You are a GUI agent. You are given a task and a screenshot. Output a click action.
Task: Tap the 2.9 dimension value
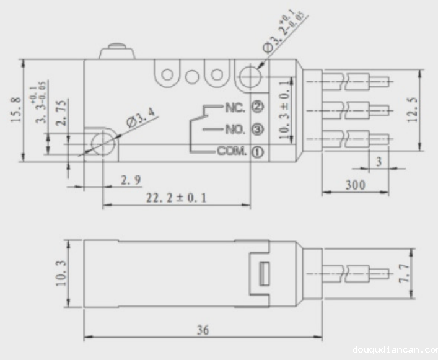tap(130, 180)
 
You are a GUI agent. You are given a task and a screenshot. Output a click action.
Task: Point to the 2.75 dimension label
tap(60, 113)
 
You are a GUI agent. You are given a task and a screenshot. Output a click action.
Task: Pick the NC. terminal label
tap(235, 108)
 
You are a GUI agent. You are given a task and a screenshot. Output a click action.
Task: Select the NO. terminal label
tap(235, 130)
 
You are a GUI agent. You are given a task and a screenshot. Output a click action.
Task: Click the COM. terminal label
tap(232, 151)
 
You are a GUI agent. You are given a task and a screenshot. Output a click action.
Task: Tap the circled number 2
tap(258, 107)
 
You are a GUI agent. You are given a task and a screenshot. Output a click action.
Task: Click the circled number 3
tap(258, 130)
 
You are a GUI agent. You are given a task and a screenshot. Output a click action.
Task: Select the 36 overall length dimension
tap(203, 330)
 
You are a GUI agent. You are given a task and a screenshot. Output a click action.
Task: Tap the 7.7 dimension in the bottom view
tap(403, 273)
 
